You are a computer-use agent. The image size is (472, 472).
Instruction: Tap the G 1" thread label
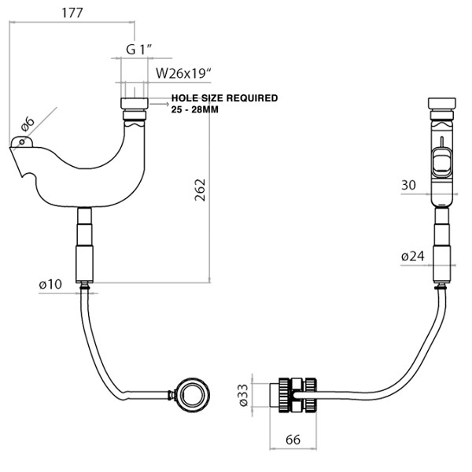[x=138, y=50]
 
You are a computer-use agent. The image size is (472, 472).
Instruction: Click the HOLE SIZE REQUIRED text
[x=224, y=98]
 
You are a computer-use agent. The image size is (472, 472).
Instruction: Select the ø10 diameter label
[x=49, y=285]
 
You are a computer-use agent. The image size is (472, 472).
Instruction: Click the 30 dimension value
[x=408, y=186]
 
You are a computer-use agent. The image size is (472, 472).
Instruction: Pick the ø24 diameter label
[x=412, y=256]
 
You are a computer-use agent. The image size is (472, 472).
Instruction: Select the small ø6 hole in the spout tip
[x=24, y=142]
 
